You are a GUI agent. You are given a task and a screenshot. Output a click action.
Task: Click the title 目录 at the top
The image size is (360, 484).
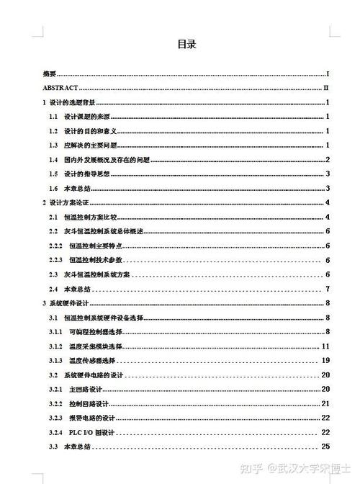(186, 44)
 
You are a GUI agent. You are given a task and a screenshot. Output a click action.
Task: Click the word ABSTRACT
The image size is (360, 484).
(60, 87)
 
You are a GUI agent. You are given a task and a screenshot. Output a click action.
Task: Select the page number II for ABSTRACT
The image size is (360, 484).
(326, 87)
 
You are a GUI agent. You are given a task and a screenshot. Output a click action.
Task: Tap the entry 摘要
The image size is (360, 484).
(49, 73)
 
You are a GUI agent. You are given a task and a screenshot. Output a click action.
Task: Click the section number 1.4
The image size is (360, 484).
(53, 159)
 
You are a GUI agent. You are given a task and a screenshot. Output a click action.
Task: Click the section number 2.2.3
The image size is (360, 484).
(55, 259)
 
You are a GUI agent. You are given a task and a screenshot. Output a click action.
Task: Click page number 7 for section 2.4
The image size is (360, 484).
(328, 289)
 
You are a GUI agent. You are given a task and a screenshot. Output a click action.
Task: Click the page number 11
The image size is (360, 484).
(325, 346)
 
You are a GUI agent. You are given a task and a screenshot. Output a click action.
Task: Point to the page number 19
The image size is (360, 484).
(325, 360)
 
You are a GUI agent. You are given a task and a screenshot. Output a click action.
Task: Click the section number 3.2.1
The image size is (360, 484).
(55, 389)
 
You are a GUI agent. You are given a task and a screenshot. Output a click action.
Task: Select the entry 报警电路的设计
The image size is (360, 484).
(93, 418)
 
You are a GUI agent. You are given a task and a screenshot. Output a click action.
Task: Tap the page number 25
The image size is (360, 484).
(325, 447)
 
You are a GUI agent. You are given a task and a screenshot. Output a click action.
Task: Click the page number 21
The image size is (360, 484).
(325, 403)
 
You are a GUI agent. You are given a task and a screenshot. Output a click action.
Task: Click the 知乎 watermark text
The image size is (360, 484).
(252, 467)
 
